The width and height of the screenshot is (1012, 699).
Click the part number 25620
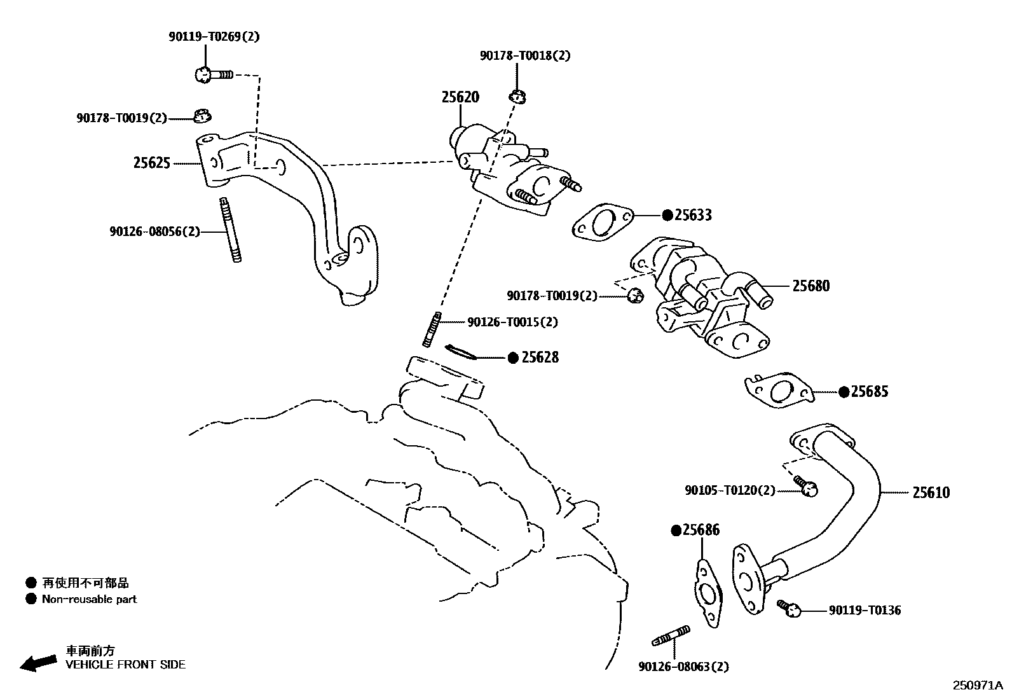pyautogui.click(x=460, y=97)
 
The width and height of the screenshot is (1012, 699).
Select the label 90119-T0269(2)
pyautogui.click(x=214, y=37)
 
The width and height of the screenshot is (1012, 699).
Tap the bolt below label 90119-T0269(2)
pyautogui.click(x=212, y=75)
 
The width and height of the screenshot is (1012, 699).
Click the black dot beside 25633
pyautogui.click(x=667, y=216)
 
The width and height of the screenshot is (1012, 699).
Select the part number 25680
pyautogui.click(x=810, y=286)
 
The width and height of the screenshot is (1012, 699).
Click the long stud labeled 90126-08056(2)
pyautogui.click(x=231, y=230)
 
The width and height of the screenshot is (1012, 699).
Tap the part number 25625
pyautogui.click(x=151, y=163)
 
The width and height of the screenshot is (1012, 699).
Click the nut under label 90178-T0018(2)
pyautogui.click(x=517, y=97)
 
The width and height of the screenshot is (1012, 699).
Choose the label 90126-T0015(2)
pyautogui.click(x=512, y=322)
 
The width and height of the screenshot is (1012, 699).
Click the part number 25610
pyautogui.click(x=931, y=492)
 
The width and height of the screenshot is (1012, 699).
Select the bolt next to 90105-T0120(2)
pyautogui.click(x=805, y=486)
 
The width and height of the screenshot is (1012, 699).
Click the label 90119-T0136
pyautogui.click(x=865, y=611)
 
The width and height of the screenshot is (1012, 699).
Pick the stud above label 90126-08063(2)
pyautogui.click(x=671, y=635)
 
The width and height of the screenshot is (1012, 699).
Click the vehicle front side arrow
pyautogui.click(x=38, y=662)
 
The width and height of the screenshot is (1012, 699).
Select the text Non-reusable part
pyautogui.click(x=89, y=599)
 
